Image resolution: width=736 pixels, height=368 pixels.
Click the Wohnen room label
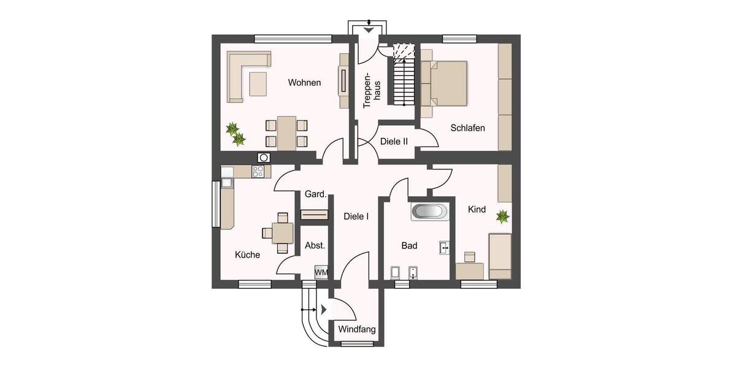point(305,83)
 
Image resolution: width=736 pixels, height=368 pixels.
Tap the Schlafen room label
point(467,128)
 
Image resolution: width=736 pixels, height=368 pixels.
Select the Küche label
point(247,255)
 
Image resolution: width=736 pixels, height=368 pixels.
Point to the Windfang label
point(356,329)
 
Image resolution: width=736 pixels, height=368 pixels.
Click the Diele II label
point(394,141)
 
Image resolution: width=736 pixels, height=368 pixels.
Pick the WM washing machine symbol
point(321,272)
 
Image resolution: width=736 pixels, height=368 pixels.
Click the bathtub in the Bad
point(429,212)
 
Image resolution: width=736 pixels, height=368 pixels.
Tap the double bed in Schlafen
point(448,83)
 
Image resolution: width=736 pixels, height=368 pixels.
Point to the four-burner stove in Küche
point(259,172)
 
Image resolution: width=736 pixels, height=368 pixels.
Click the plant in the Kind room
point(503,216)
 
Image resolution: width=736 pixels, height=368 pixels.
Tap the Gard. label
point(315,194)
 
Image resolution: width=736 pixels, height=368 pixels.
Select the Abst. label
point(315,245)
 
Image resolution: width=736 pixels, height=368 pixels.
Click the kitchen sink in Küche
point(227,182)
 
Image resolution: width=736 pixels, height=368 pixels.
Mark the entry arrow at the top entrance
point(368,29)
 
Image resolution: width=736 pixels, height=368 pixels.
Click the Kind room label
point(477,210)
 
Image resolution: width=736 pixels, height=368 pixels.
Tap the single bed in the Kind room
point(500,255)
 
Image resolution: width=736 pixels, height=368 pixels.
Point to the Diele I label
point(356,216)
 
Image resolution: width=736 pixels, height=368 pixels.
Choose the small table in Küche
point(282,232)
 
